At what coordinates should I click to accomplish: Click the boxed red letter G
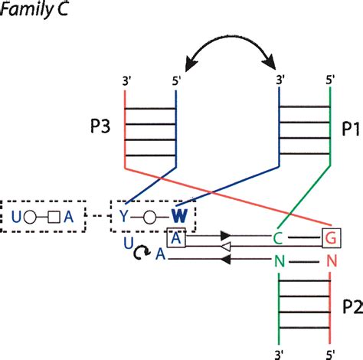tap(331, 238)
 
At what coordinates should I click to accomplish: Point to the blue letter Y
tap(123, 215)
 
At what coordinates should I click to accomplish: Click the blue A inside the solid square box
tap(175, 238)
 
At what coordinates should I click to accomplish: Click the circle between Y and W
tap(149, 215)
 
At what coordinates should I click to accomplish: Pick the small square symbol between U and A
tap(54, 215)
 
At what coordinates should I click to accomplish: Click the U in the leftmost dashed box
tap(16, 215)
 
